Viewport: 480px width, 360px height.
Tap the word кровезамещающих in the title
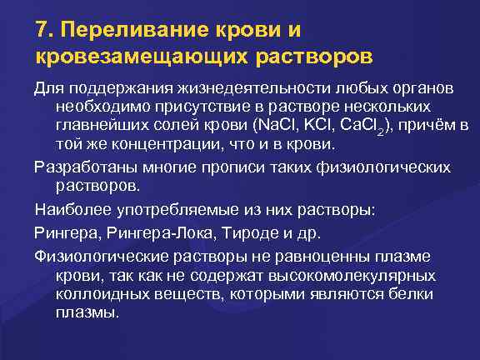click(x=132, y=57)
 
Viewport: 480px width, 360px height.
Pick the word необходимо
click(x=98, y=107)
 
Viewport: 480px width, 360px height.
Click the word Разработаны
click(x=80, y=167)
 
